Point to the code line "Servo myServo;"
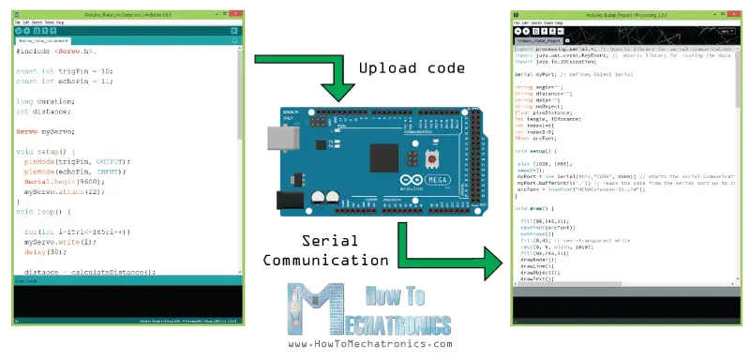tap(46, 131)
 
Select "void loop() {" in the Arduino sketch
tap(49, 212)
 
